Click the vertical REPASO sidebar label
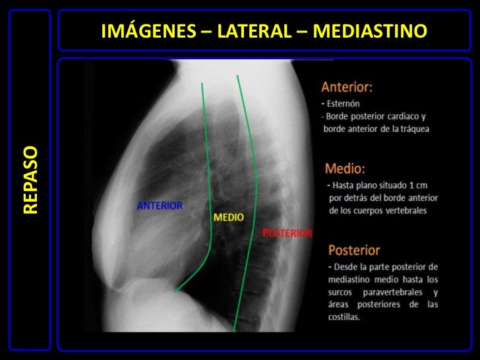pos(30,179)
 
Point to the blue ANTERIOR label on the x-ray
pos(160,205)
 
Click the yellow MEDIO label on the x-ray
pos(228,217)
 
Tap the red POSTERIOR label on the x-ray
pos(287,233)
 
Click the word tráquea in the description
pos(413,128)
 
